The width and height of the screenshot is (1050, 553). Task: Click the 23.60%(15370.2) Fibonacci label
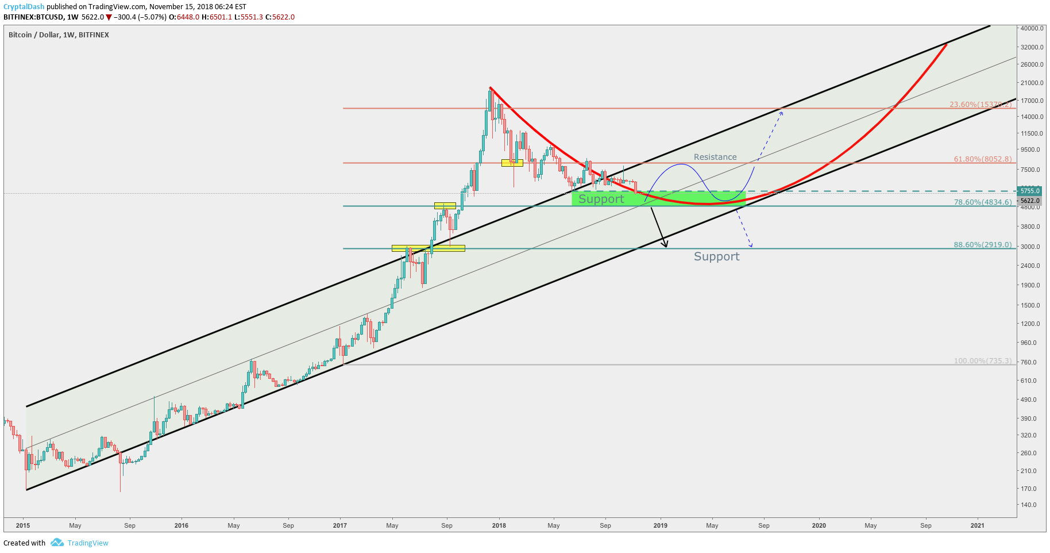coord(980,105)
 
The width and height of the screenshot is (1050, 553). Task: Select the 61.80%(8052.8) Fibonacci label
coord(982,159)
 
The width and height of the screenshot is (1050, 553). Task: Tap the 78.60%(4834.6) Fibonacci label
coord(982,202)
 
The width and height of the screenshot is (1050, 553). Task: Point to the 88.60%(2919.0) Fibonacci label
coord(982,245)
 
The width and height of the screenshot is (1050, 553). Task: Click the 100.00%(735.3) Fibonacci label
coord(982,361)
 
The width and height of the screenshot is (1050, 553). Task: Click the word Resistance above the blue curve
coord(715,157)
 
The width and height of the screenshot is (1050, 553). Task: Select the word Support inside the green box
coord(601,199)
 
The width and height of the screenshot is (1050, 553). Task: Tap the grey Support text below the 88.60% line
coord(716,256)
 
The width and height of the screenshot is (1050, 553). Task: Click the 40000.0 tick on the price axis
coord(1032,28)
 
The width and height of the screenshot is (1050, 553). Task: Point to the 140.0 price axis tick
coord(1029,505)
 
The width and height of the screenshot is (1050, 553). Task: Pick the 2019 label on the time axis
coord(660,525)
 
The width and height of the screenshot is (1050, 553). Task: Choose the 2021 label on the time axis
coord(976,525)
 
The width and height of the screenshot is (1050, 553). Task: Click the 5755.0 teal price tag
coord(1029,191)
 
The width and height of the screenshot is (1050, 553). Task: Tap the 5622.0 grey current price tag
coord(1029,201)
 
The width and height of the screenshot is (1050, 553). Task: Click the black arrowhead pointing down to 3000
coord(665,244)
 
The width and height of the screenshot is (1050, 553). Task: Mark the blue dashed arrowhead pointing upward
coord(781,112)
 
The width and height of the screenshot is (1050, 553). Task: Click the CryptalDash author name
coord(24,7)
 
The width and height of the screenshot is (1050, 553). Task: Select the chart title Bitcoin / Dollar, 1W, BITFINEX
coord(59,35)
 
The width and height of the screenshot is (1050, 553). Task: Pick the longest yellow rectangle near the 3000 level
coord(428,248)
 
